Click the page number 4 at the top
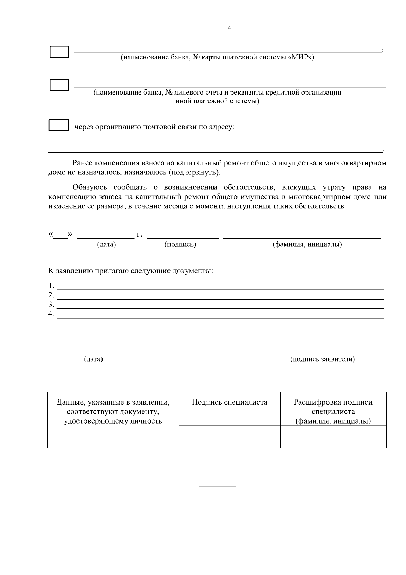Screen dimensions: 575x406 point(229,28)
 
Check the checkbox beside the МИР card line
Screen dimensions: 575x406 point(59,52)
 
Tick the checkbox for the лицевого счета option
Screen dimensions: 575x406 point(59,85)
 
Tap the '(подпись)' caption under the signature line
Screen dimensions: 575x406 point(180,244)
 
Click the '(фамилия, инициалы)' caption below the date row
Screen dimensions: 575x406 point(307,244)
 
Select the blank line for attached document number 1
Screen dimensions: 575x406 point(220,287)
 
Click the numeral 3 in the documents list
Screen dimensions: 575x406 point(51,304)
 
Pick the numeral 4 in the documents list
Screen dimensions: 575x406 point(51,313)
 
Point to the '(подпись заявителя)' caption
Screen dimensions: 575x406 point(322,359)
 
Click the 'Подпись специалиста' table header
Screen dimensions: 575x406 point(229,402)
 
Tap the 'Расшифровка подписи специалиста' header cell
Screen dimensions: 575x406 point(333,411)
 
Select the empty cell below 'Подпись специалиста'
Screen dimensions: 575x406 point(229,436)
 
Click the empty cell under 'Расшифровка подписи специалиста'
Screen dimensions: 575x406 point(333,436)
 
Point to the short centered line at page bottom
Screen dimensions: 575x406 point(217,487)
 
